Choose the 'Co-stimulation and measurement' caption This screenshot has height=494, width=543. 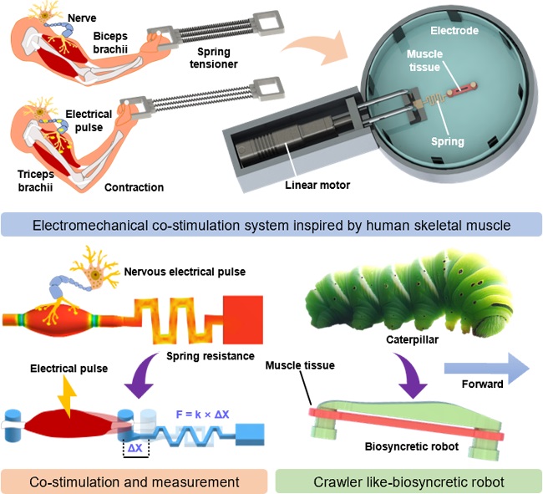[x=135, y=481]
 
